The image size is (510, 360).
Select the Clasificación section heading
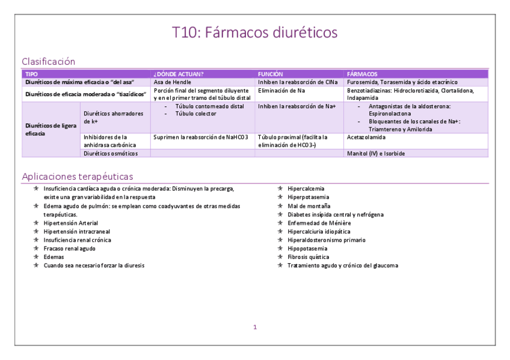click(48, 61)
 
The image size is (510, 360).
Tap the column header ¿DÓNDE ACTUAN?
click(179, 74)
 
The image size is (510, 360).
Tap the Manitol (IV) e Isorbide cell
click(376, 153)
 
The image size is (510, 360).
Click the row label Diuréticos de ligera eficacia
click(50, 129)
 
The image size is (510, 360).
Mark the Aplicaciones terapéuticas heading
click(78, 177)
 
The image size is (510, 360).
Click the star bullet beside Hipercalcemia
click(280, 189)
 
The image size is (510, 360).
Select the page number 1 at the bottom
click(255, 327)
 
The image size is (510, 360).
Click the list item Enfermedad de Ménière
click(319, 222)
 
